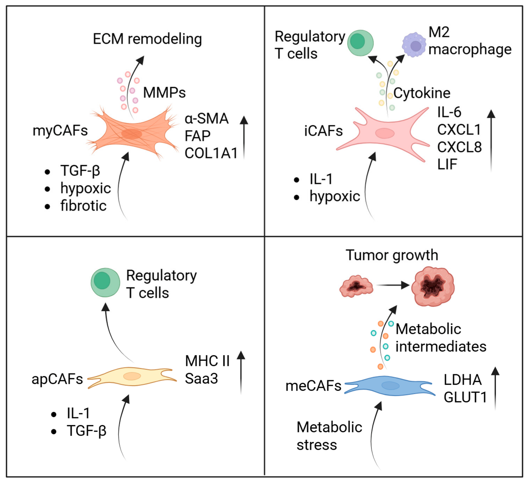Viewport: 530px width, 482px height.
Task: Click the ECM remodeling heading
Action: tap(147, 39)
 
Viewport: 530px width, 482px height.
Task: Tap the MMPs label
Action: tap(164, 93)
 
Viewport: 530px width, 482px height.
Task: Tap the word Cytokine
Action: tap(422, 93)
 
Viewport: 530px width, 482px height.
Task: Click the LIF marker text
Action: tap(447, 164)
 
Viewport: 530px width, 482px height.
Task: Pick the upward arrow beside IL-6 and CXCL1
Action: tap(491, 141)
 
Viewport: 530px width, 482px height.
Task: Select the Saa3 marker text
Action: tap(201, 379)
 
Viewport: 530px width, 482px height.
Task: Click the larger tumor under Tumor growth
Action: tap(433, 286)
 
